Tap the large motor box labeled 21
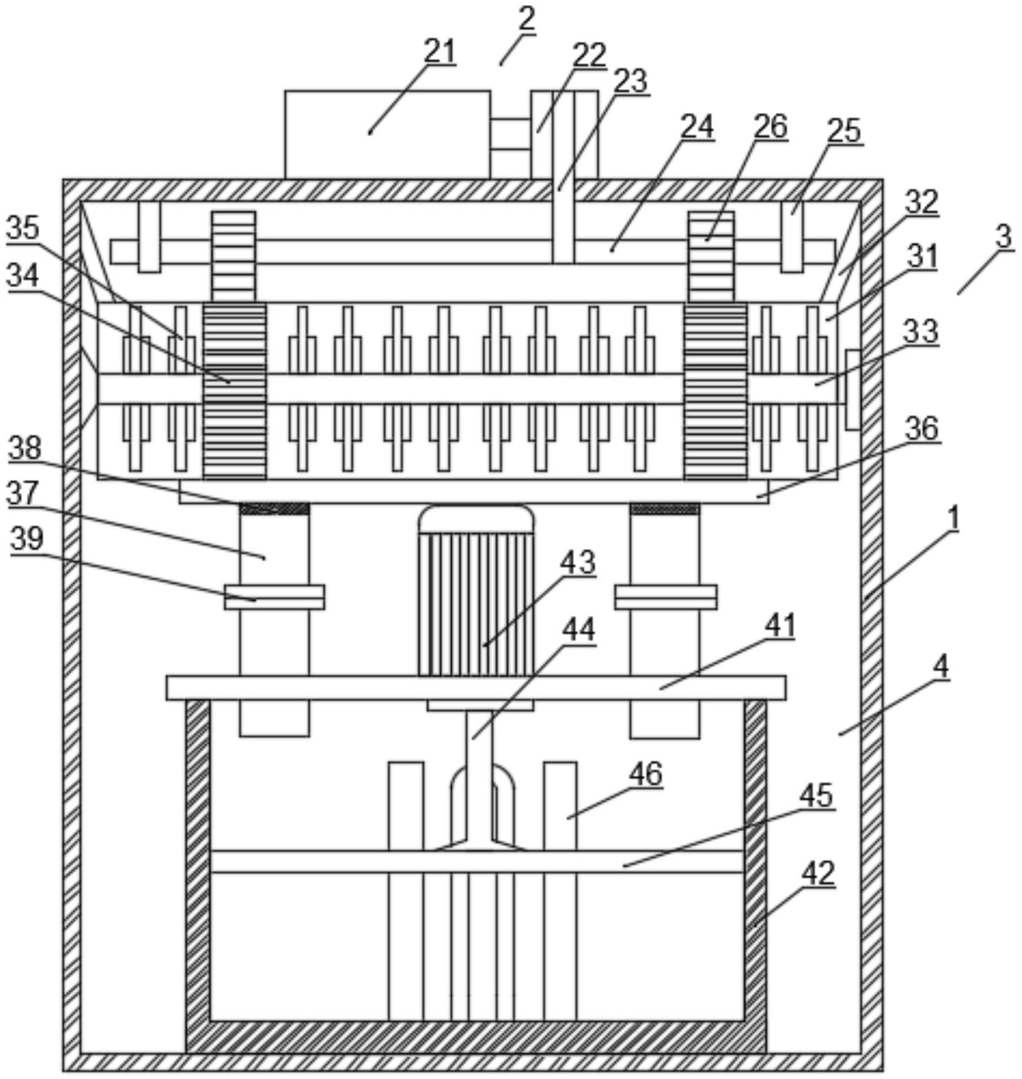click(387, 134)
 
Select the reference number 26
click(771, 126)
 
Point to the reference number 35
click(23, 229)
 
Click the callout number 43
click(578, 562)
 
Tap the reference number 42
click(817, 873)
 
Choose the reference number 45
click(815, 796)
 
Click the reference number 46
click(645, 774)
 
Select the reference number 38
click(25, 447)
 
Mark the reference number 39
click(27, 539)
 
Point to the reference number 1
click(952, 517)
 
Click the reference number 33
click(922, 331)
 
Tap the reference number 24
click(696, 127)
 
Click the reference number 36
click(922, 429)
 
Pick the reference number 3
click(1003, 237)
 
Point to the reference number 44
click(578, 629)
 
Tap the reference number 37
click(24, 493)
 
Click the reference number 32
click(922, 201)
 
